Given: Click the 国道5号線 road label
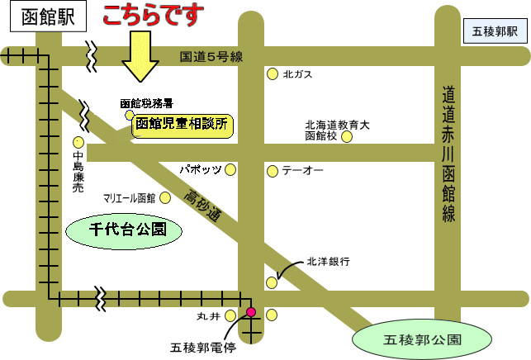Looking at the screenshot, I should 211,57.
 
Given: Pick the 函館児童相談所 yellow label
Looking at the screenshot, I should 184,126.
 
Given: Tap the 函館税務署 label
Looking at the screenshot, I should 146,104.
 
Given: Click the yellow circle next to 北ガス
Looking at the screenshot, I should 272,74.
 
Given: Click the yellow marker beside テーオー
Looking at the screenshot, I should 272,171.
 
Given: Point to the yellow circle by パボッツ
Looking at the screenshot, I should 231,169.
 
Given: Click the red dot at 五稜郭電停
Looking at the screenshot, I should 251,312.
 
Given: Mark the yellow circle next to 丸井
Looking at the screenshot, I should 230,315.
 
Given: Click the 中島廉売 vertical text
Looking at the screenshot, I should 78,172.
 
